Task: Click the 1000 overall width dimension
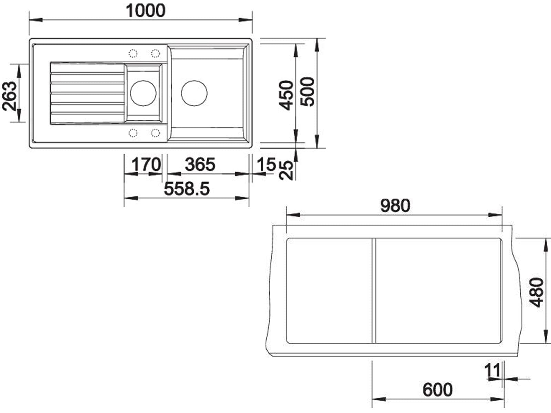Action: (146, 11)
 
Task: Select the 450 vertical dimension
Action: (287, 95)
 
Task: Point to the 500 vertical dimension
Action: (307, 92)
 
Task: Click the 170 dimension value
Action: (146, 164)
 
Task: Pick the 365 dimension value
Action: (200, 164)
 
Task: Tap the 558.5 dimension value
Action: (187, 189)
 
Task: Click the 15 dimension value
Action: (266, 164)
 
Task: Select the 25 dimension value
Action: (286, 170)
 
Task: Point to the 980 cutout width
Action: (395, 205)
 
